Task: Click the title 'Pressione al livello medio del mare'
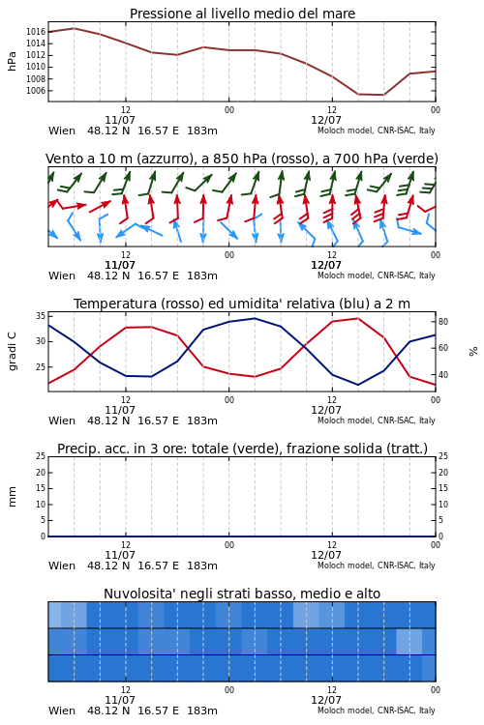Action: (x=242, y=14)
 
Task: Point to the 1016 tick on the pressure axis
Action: (x=36, y=32)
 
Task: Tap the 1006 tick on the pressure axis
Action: (x=36, y=91)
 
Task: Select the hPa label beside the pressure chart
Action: (x=12, y=61)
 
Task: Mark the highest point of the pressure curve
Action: (x=75, y=28)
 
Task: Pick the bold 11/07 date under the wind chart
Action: (x=120, y=265)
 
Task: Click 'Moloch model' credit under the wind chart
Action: (x=345, y=275)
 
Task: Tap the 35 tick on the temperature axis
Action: (x=41, y=316)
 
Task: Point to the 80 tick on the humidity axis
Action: (x=443, y=321)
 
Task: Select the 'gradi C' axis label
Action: (x=12, y=352)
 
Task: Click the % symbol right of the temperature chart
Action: (x=473, y=352)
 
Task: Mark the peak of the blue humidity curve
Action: (x=255, y=318)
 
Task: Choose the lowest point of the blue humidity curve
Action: (x=357, y=385)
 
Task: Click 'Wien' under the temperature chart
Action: (x=62, y=420)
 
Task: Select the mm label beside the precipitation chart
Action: (x=12, y=496)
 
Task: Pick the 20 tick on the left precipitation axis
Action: (x=41, y=472)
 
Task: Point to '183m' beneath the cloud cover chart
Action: (x=202, y=710)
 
